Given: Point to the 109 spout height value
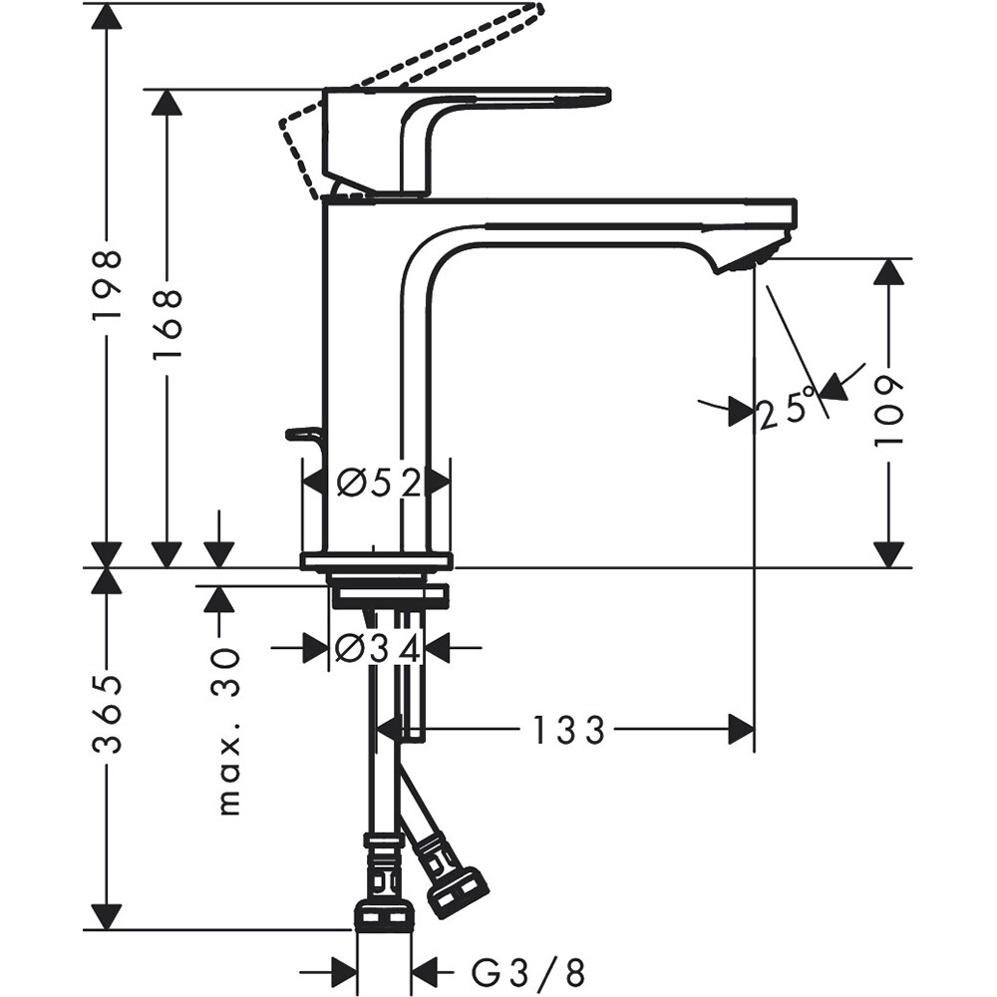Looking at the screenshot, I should [889, 411].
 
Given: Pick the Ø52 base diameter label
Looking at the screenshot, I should [377, 484].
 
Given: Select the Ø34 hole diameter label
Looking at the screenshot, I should [377, 649].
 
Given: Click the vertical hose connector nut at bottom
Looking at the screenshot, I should [384, 913].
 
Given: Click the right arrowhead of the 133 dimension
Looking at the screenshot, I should [741, 730].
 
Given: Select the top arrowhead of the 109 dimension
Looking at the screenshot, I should [889, 272].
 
